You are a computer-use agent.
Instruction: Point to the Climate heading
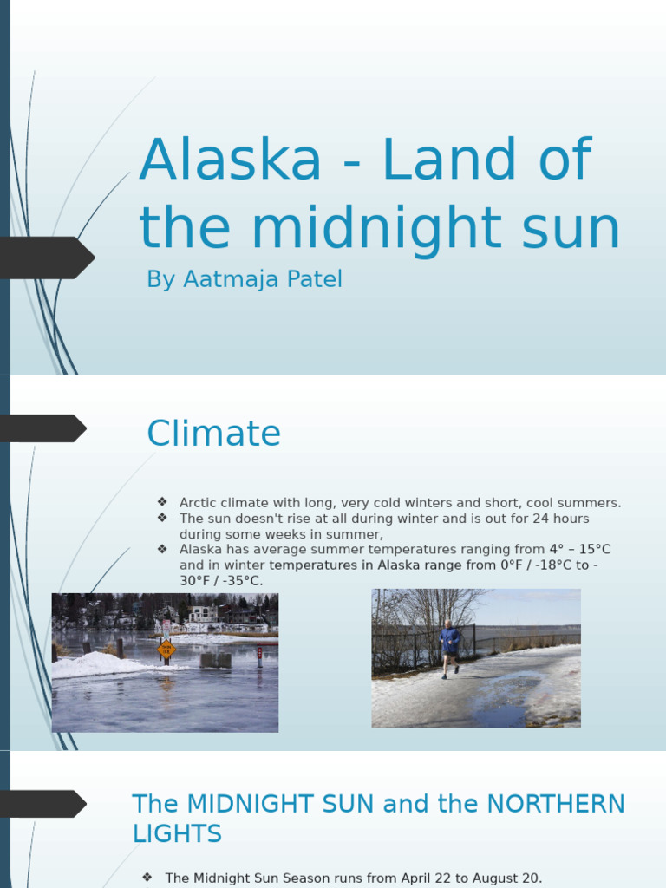click(213, 434)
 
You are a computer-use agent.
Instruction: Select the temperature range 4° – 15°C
click(579, 550)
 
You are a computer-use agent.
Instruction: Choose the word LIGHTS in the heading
click(177, 834)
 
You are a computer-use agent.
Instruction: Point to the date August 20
click(506, 878)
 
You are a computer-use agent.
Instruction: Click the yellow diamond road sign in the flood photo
click(166, 648)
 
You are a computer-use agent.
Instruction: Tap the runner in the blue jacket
click(449, 646)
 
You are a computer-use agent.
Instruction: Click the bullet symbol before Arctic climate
click(162, 503)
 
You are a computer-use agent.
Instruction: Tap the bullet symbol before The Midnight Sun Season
click(148, 878)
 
